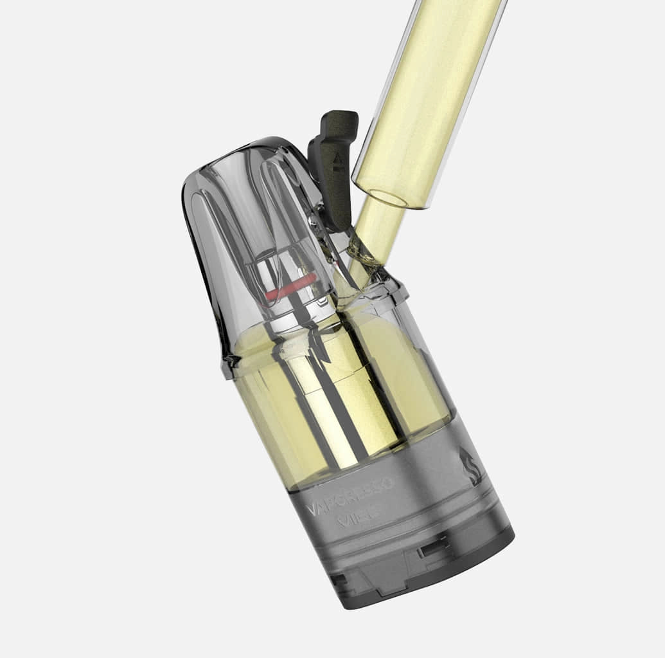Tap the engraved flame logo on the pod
pyautogui.click(x=470, y=466)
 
